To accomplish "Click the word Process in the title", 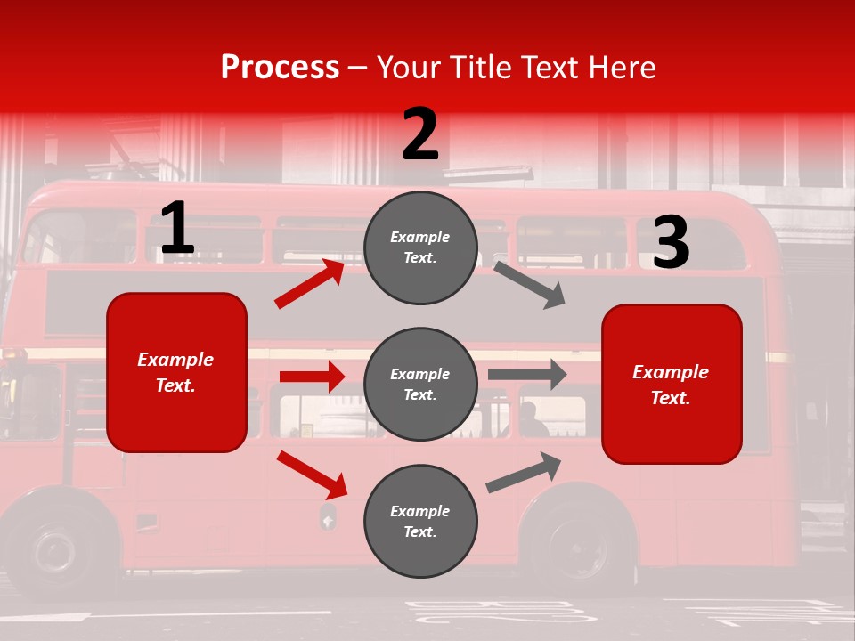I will tap(280, 68).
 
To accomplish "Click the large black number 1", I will tap(177, 228).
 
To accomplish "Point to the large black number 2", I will tap(420, 134).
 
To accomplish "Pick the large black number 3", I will tap(671, 242).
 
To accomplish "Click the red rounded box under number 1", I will tap(176, 372).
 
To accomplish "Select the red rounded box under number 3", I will tap(672, 385).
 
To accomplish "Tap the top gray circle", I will tap(420, 247).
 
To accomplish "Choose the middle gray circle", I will tap(420, 384).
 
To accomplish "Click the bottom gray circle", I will tap(420, 521).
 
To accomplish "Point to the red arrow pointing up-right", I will tap(310, 284).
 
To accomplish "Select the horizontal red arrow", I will tap(312, 377).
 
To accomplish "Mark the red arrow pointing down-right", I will tap(312, 475).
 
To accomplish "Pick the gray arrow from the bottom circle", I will tap(524, 473).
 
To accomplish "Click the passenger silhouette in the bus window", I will tap(532, 420).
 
